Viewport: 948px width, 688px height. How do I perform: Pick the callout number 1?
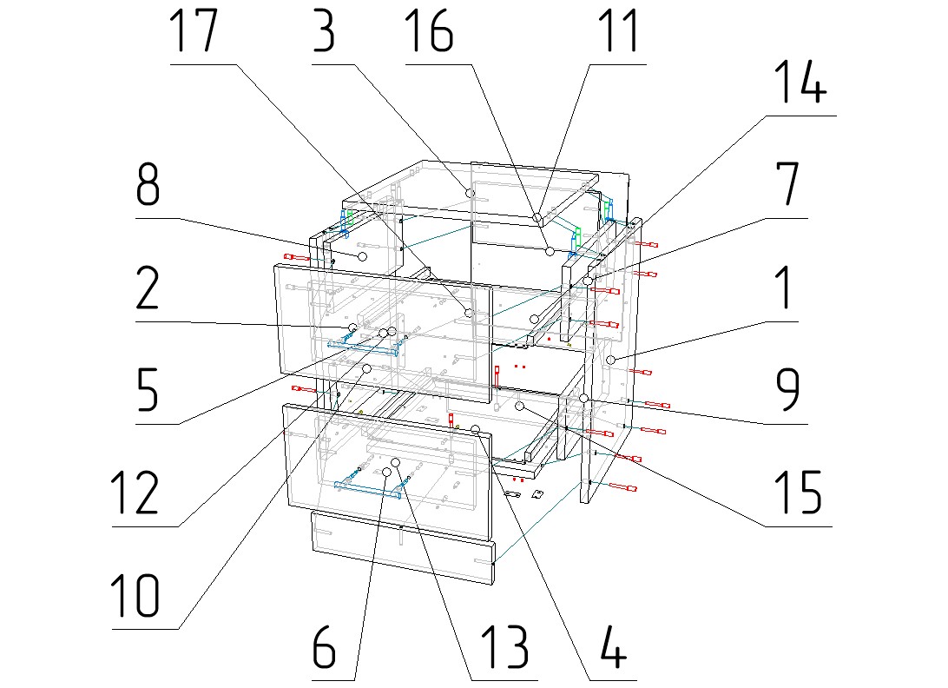pos(783,289)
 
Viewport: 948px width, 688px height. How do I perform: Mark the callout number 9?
pos(784,393)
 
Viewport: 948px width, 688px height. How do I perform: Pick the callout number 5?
pos(148,392)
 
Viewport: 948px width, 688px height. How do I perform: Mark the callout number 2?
pos(148,289)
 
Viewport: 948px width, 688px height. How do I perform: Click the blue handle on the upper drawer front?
pos(365,347)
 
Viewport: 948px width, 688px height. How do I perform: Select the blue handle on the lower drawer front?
pos(370,488)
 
